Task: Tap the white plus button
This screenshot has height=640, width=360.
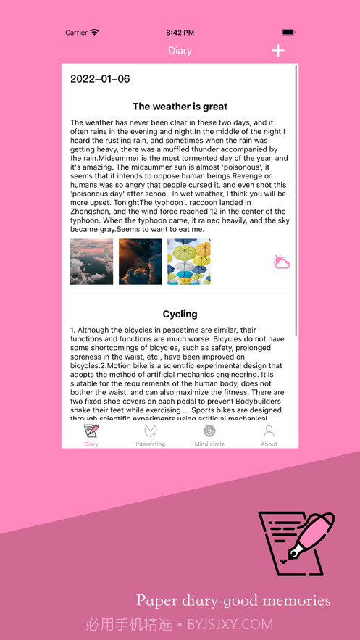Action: (x=277, y=51)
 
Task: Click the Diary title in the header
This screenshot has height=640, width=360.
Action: (x=180, y=51)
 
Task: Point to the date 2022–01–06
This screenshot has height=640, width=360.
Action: (x=100, y=79)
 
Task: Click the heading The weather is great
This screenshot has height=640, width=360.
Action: (x=180, y=107)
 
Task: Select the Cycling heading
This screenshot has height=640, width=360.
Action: (x=180, y=314)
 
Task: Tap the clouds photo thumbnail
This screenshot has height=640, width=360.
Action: (x=91, y=262)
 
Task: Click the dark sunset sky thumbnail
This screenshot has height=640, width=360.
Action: (x=141, y=262)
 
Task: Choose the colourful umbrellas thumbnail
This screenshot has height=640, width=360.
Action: (x=189, y=262)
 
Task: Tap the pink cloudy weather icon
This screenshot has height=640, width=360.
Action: (x=281, y=262)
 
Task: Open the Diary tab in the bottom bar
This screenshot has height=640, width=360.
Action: (x=91, y=435)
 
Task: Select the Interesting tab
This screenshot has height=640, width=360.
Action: (x=151, y=435)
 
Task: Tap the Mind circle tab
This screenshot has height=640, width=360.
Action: (x=209, y=435)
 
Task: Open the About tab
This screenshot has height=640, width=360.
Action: (x=269, y=435)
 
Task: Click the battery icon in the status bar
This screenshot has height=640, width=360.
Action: (x=288, y=33)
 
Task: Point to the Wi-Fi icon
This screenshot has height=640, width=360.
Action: (x=95, y=33)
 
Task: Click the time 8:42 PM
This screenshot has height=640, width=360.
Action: (x=180, y=33)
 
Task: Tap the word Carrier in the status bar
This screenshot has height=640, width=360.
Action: (x=76, y=33)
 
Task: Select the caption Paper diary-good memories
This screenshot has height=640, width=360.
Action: (x=233, y=600)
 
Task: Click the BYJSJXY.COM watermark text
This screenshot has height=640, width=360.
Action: (x=230, y=624)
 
